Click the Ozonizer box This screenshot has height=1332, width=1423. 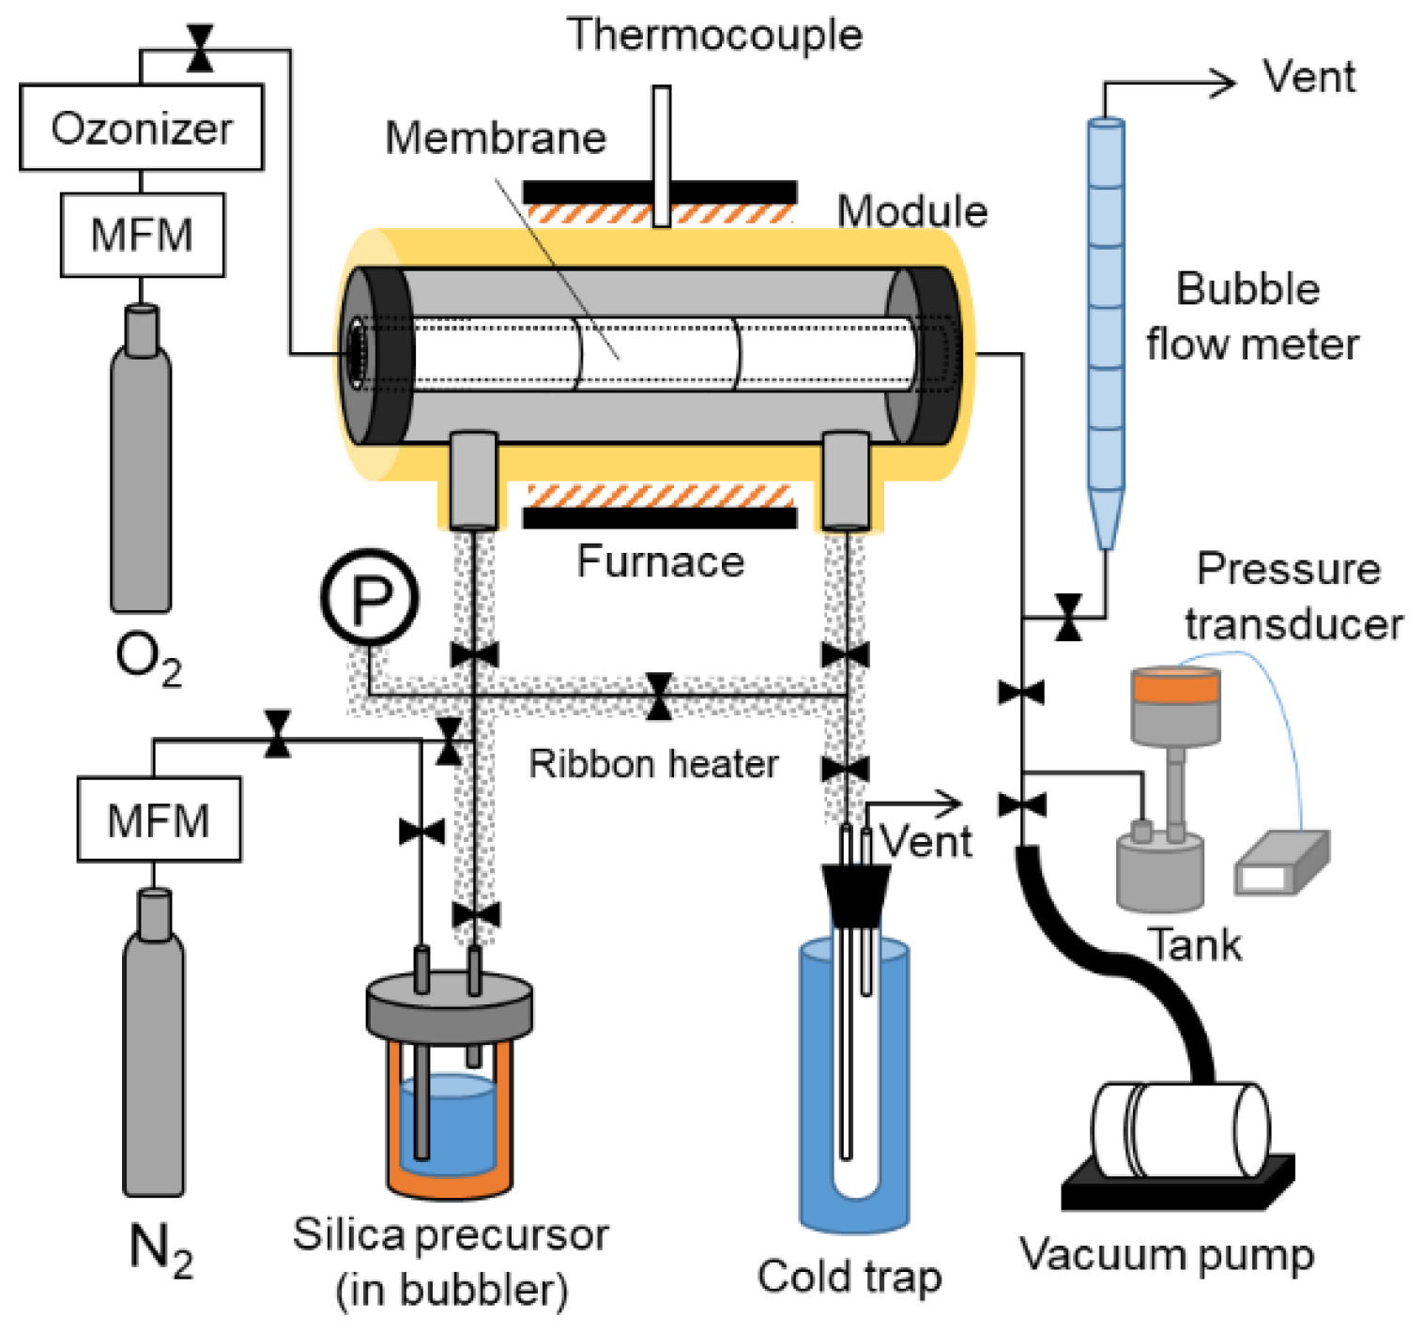(141, 128)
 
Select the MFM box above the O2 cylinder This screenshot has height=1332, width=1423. (142, 235)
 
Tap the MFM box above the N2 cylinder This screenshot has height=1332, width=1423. (159, 819)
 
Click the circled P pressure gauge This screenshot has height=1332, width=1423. (370, 597)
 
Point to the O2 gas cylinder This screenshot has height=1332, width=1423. (141, 469)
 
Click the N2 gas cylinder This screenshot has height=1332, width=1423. (154, 1051)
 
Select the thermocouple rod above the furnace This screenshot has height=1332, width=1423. (662, 156)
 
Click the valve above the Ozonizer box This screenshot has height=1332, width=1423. (199, 49)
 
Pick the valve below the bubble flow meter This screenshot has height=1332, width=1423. (1068, 617)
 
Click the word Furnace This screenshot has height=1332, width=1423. (660, 562)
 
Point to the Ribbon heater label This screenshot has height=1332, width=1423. (653, 764)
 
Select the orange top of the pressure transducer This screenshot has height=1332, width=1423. (1175, 686)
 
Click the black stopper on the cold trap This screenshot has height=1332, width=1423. (855, 893)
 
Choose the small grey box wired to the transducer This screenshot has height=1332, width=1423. (1281, 864)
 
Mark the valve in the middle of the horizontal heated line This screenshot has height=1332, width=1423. (659, 696)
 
